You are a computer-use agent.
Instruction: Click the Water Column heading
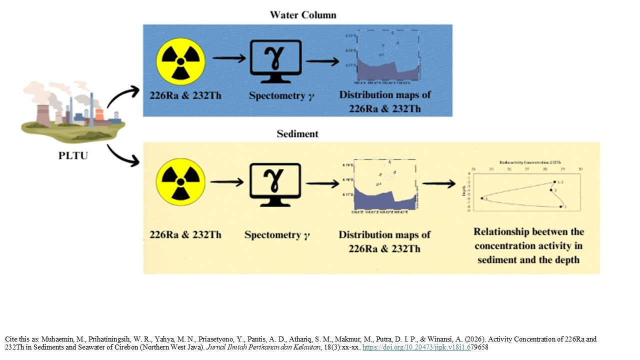303,15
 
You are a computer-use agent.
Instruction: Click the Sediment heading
297,134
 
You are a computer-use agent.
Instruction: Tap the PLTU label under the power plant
72,155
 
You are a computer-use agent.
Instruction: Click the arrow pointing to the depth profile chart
438,184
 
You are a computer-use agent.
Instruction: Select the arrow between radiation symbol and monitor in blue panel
229,59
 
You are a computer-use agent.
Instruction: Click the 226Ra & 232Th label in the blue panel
180,95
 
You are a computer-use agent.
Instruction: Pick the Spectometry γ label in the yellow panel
277,234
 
